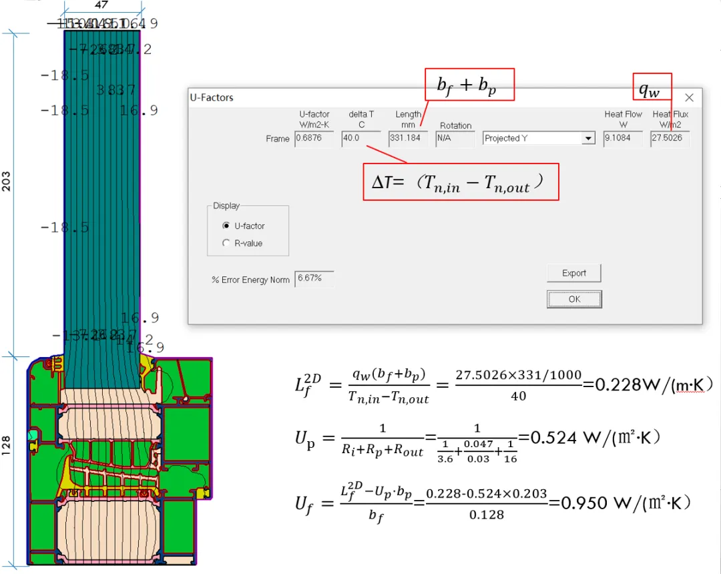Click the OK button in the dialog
[x=574, y=299]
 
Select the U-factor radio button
[x=226, y=226]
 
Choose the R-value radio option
[x=226, y=244]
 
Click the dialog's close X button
[x=689, y=97]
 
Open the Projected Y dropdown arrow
[x=587, y=139]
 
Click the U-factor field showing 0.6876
[x=314, y=138]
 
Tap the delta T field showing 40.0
[x=360, y=138]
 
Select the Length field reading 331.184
[x=407, y=138]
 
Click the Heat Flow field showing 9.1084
[x=623, y=138]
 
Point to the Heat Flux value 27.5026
[x=670, y=138]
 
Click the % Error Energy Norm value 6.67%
[x=314, y=278]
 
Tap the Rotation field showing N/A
[x=455, y=138]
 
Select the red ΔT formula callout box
[x=461, y=182]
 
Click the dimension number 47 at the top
[x=101, y=5]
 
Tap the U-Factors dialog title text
[x=212, y=97]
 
